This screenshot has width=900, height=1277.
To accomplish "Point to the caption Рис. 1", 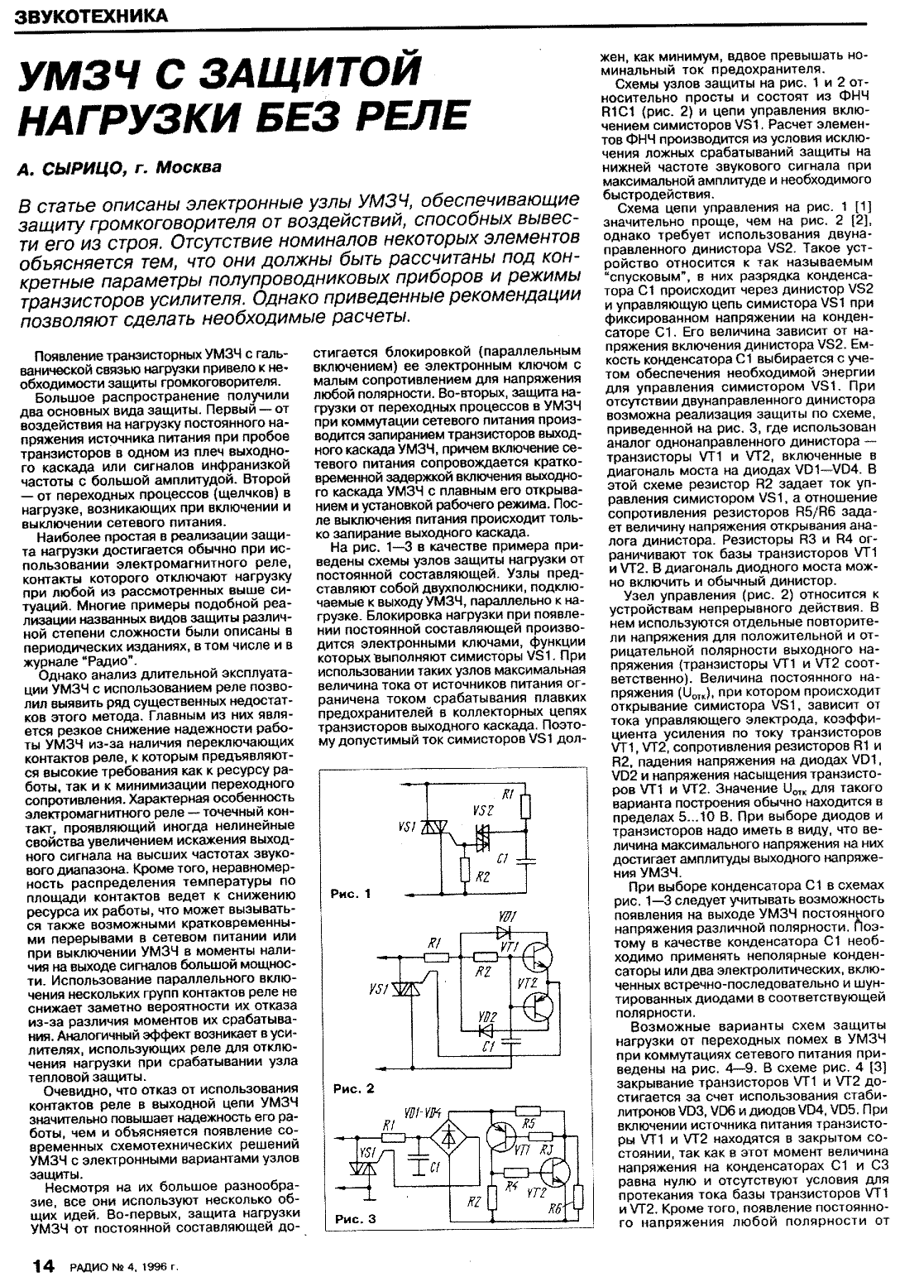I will coord(351,894).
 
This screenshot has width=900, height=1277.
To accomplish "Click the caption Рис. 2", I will coord(352,1088).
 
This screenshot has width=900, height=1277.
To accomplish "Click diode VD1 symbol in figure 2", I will coord(502,931).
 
